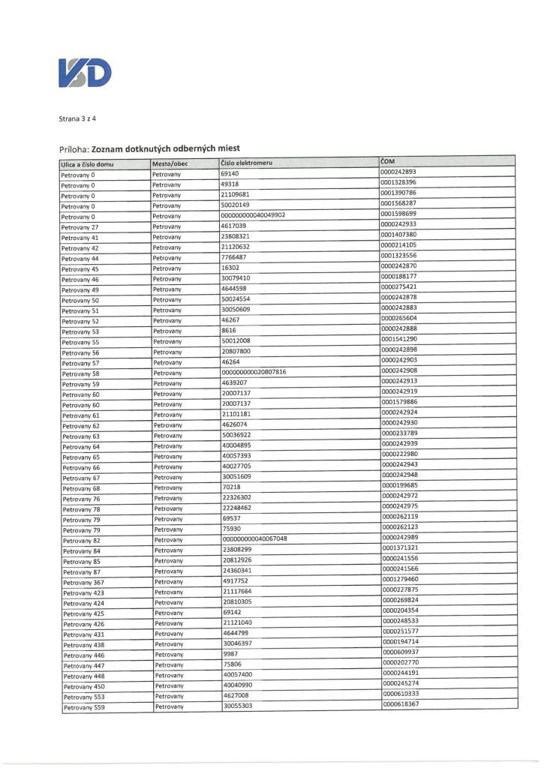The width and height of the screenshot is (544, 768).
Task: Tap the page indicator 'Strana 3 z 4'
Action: pyautogui.click(x=77, y=118)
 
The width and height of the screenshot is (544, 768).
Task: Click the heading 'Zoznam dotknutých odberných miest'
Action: pyautogui.click(x=165, y=148)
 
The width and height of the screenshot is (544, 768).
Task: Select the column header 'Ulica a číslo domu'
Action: pyautogui.click(x=87, y=163)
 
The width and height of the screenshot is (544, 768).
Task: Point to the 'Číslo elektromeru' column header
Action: pyautogui.click(x=247, y=163)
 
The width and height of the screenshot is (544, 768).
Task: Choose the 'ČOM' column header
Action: pyautogui.click(x=388, y=160)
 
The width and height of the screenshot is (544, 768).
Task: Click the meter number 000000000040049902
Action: pyautogui.click(x=253, y=215)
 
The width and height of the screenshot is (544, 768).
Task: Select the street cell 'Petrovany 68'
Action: pyautogui.click(x=80, y=488)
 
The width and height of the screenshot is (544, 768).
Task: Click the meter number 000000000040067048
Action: pyautogui.click(x=254, y=538)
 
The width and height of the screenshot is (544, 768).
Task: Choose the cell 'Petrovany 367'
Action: pyautogui.click(x=83, y=582)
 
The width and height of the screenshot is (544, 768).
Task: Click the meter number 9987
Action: pyautogui.click(x=230, y=653)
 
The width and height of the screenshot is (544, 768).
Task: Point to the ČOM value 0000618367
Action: pyautogui.click(x=401, y=703)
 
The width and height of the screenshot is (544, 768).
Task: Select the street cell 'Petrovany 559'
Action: pyautogui.click(x=83, y=706)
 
